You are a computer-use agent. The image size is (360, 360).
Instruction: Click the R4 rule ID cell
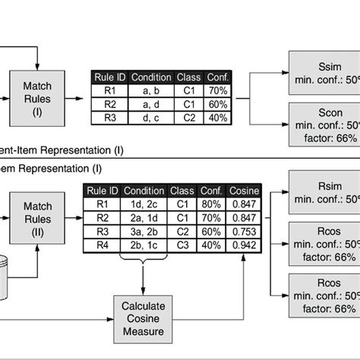(100, 245)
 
